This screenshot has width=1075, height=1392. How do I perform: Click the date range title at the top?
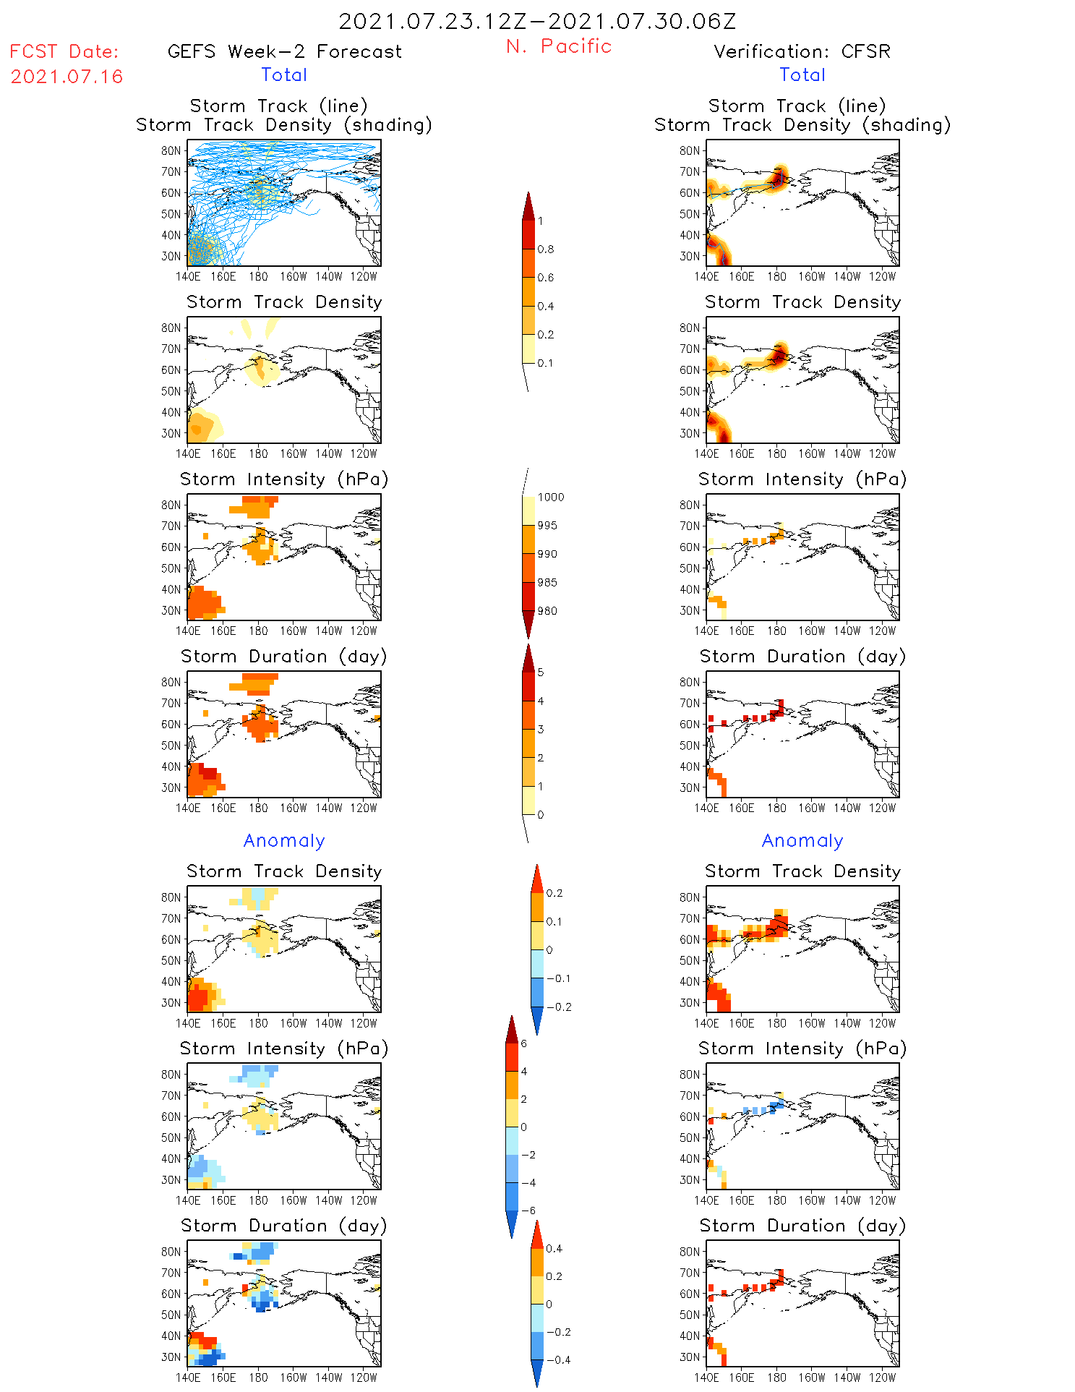click(537, 21)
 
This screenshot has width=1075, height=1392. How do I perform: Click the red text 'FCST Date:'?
click(64, 51)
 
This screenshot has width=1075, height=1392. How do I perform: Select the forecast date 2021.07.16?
click(67, 77)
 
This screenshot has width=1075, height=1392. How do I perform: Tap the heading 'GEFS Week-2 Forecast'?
click(284, 51)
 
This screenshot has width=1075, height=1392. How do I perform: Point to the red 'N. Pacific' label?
click(559, 46)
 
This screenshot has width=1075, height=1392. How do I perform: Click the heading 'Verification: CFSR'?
click(802, 51)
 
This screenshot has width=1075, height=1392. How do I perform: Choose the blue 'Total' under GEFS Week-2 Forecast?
click(284, 74)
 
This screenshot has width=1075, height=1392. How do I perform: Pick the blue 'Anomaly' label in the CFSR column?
click(802, 840)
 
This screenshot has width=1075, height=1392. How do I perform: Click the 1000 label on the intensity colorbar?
click(551, 497)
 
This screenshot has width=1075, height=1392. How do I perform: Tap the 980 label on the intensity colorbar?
click(547, 611)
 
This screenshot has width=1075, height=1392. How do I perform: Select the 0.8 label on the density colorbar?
click(546, 249)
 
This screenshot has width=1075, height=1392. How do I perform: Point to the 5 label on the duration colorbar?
click(541, 672)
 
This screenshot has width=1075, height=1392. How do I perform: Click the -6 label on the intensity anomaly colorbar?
click(528, 1210)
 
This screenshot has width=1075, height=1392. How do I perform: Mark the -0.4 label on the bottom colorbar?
click(558, 1359)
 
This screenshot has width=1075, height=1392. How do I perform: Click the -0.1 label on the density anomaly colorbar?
click(558, 978)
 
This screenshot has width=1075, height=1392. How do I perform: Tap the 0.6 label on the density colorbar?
click(546, 278)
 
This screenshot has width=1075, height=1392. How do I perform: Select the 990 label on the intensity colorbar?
click(547, 554)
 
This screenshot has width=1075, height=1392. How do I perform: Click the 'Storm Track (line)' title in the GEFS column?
click(278, 106)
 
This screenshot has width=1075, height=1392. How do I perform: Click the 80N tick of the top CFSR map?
click(689, 150)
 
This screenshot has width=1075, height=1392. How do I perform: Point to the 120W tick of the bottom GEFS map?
click(364, 1378)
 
